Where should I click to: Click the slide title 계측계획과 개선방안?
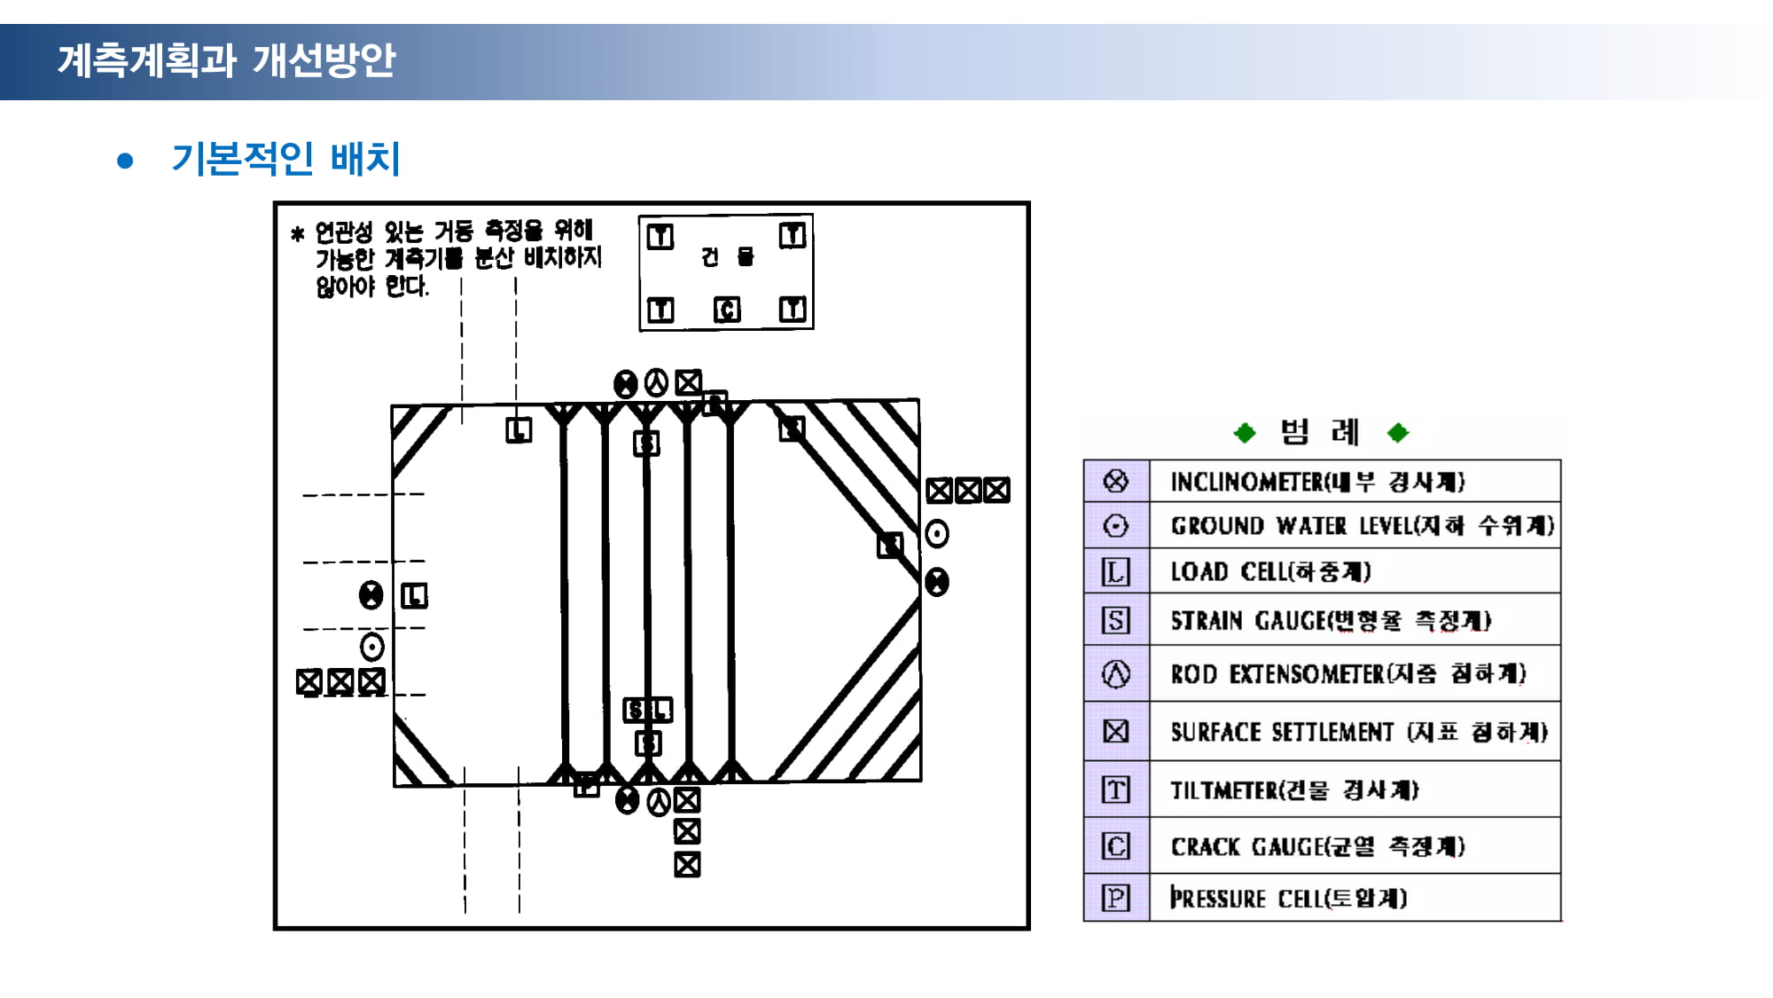pos(226,60)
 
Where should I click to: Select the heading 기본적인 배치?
pos(285,159)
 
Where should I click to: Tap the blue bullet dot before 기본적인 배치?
pos(125,161)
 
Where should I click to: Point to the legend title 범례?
pos(1320,432)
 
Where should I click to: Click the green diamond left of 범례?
pos(1245,433)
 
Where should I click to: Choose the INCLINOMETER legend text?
pos(1317,482)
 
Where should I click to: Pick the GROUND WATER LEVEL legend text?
pos(1362,526)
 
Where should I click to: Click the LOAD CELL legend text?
pos(1270,571)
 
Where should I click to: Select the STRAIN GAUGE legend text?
pos(1331,620)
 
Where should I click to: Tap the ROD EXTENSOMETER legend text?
pos(1347,674)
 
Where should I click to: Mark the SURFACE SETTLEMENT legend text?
pos(1358,732)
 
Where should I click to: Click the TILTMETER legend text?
pos(1294,790)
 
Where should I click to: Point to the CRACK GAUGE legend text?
pos(1317,846)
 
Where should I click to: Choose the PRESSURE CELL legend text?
pos(1288,898)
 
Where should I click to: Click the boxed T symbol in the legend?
pos(1116,790)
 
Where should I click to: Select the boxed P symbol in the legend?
pos(1116,898)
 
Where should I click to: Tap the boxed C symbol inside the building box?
pos(727,310)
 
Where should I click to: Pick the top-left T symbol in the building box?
pos(660,236)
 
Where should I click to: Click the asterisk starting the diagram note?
pos(298,234)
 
